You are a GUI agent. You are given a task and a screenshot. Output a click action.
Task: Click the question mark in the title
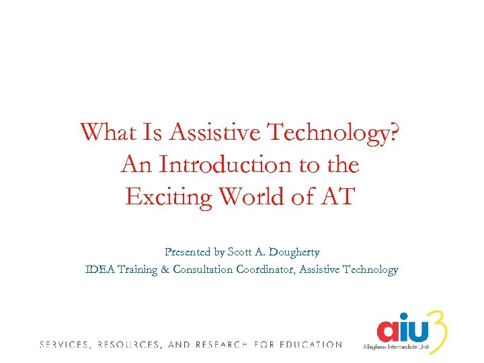[x=396, y=132]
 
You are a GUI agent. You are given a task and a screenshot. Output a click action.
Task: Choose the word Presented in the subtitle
[x=188, y=252]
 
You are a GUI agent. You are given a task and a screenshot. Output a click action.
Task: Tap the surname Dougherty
[x=295, y=253]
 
